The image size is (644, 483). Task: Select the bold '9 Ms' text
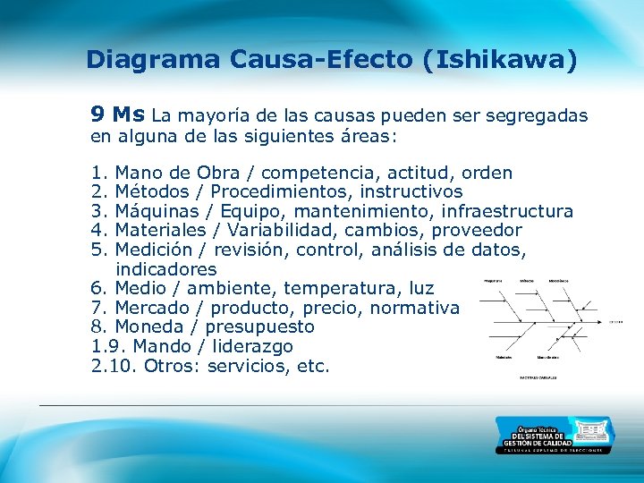pyautogui.click(x=118, y=114)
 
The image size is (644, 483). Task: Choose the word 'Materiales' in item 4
pyautogui.click(x=162, y=230)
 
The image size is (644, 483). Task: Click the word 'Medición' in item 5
pyautogui.click(x=155, y=250)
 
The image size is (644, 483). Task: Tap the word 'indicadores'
pyautogui.click(x=166, y=269)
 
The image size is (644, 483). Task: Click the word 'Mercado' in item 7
pyautogui.click(x=155, y=308)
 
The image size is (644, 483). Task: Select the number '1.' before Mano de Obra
pyautogui.click(x=99, y=173)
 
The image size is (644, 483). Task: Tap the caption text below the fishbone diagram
pyautogui.click(x=539, y=378)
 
